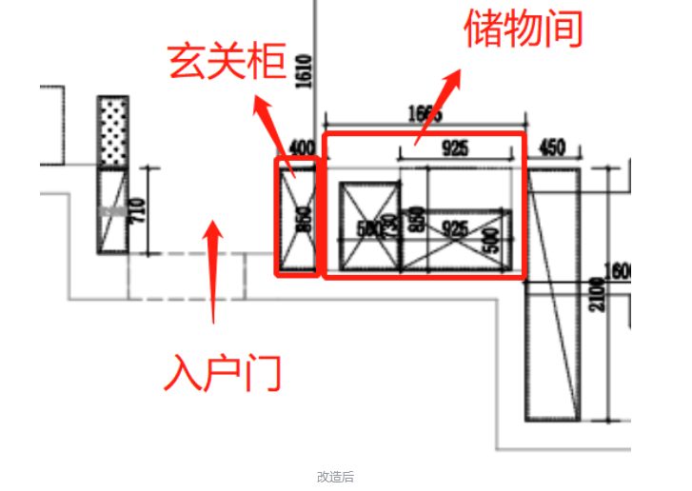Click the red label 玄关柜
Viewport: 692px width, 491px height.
click(227, 63)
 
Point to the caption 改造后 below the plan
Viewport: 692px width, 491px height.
click(335, 477)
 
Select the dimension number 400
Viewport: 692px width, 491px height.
click(300, 147)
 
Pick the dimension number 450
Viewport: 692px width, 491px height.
click(552, 147)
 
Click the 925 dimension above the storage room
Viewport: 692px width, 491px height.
click(454, 147)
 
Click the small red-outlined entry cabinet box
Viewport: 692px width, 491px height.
click(296, 217)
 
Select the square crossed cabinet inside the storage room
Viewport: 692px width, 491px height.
click(368, 226)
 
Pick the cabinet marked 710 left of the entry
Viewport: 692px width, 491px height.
click(113, 209)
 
